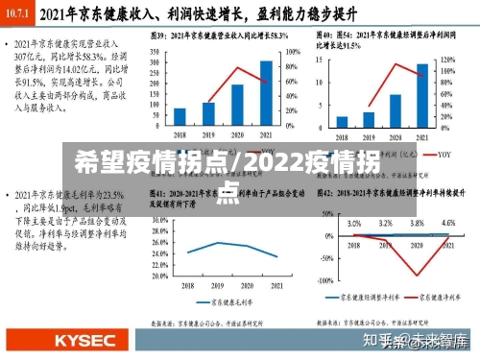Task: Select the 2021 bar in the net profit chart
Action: tap(421, 96)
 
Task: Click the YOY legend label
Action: tap(444, 154)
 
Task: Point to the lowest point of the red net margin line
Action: tap(420, 276)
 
